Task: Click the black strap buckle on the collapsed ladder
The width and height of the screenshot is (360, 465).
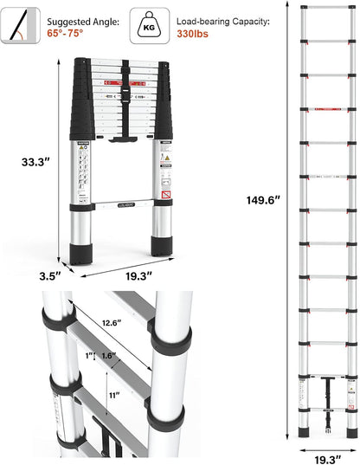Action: (x=125, y=87)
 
